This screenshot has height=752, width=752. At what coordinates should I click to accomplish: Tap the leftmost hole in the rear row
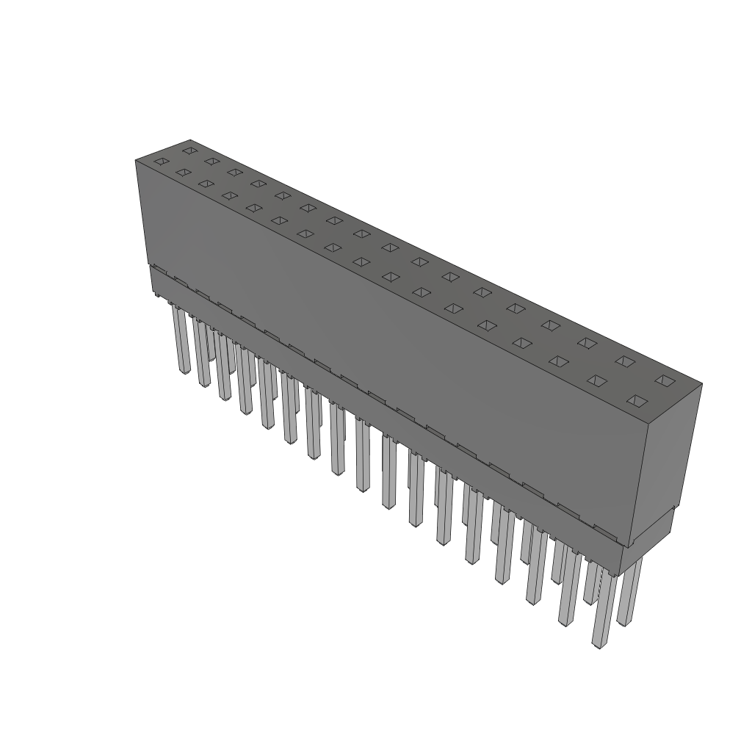click(x=189, y=151)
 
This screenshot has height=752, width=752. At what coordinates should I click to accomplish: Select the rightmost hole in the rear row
click(x=664, y=380)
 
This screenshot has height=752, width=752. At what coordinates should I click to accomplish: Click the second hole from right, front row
click(x=597, y=380)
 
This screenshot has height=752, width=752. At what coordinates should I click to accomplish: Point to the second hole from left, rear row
click(x=211, y=161)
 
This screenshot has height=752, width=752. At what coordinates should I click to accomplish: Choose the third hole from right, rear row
click(x=586, y=342)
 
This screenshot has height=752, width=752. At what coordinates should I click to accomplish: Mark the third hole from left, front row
click(x=206, y=183)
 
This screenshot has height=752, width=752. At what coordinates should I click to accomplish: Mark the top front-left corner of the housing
click(x=137, y=160)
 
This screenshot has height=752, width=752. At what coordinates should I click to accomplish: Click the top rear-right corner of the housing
click(x=701, y=383)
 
